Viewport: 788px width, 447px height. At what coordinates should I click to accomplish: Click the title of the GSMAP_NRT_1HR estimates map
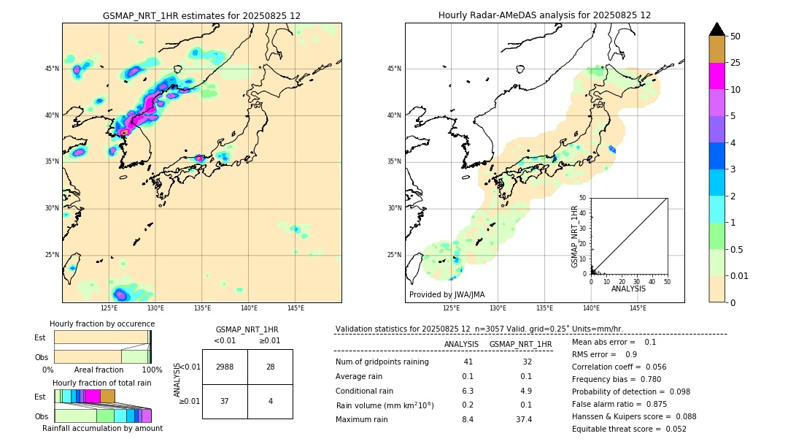201,15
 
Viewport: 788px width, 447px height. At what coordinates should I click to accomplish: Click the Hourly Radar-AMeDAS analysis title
544,15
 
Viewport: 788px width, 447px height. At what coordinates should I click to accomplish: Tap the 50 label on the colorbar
735,37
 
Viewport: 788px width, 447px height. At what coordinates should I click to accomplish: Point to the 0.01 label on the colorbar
738,275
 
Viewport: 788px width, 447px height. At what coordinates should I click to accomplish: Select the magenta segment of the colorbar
716,76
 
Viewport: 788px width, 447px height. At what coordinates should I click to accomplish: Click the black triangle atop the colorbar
716,29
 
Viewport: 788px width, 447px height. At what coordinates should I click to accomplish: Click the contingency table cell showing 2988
225,367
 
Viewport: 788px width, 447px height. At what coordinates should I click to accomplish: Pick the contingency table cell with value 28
270,367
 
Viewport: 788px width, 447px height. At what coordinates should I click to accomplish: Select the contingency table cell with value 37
225,401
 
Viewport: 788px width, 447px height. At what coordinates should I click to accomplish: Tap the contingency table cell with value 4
270,401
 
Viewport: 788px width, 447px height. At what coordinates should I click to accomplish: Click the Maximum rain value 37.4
523,419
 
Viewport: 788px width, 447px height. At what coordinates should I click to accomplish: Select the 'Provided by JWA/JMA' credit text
447,294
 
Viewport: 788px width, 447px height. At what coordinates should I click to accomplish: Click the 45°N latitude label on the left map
52,69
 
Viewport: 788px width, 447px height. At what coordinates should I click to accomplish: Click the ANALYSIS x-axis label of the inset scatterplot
628,289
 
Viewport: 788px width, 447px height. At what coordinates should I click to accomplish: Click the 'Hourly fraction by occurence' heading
102,324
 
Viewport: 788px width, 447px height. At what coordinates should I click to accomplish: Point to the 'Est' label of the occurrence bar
40,337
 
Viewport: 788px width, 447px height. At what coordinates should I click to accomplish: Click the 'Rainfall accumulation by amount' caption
102,428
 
